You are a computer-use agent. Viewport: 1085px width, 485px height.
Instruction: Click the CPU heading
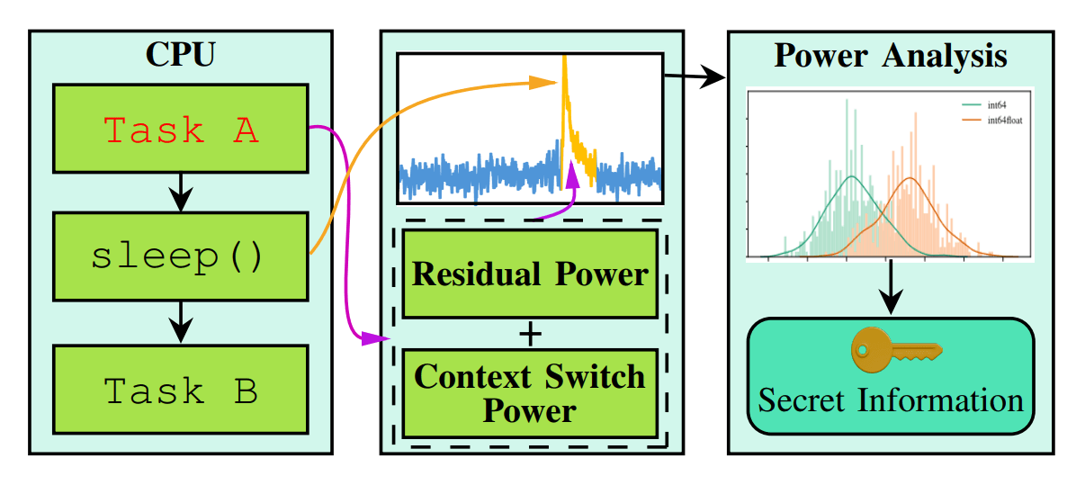pos(180,54)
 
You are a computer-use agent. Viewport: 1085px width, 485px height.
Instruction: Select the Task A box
pos(181,130)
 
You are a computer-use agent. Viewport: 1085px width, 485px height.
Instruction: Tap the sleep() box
pos(181,256)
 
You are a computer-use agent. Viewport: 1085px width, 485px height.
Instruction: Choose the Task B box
pos(181,390)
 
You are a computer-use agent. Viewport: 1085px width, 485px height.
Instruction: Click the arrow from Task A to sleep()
pos(181,192)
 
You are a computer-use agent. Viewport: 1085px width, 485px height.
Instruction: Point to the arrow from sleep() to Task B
pos(181,321)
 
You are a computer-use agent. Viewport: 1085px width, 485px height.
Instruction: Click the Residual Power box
pos(530,274)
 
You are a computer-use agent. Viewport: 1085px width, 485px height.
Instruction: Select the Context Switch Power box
pos(530,393)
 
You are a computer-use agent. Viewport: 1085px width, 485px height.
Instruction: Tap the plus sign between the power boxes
pos(531,335)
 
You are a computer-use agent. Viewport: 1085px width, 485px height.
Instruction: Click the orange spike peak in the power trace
pos(564,59)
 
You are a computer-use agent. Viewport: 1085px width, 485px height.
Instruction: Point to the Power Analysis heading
pos(890,56)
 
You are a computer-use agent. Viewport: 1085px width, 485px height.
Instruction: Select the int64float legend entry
pos(993,119)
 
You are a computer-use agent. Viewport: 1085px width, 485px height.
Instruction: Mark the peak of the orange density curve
pos(910,178)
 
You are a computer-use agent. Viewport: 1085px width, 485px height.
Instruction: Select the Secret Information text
pos(891,399)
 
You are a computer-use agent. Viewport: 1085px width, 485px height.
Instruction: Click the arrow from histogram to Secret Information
pos(891,288)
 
